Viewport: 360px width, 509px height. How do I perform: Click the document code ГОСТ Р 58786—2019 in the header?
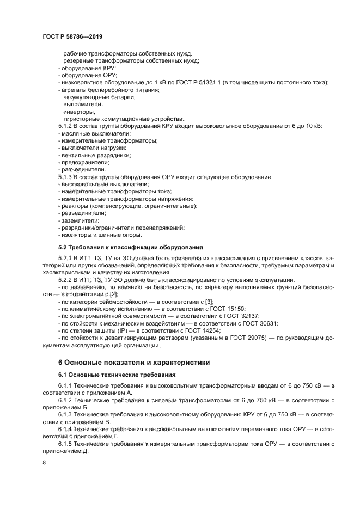pos(72,36)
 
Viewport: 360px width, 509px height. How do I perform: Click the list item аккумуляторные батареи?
pos(99,97)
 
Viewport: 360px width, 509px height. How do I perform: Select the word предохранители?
pos(86,162)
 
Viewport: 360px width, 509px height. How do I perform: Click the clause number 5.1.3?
pos(65,177)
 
